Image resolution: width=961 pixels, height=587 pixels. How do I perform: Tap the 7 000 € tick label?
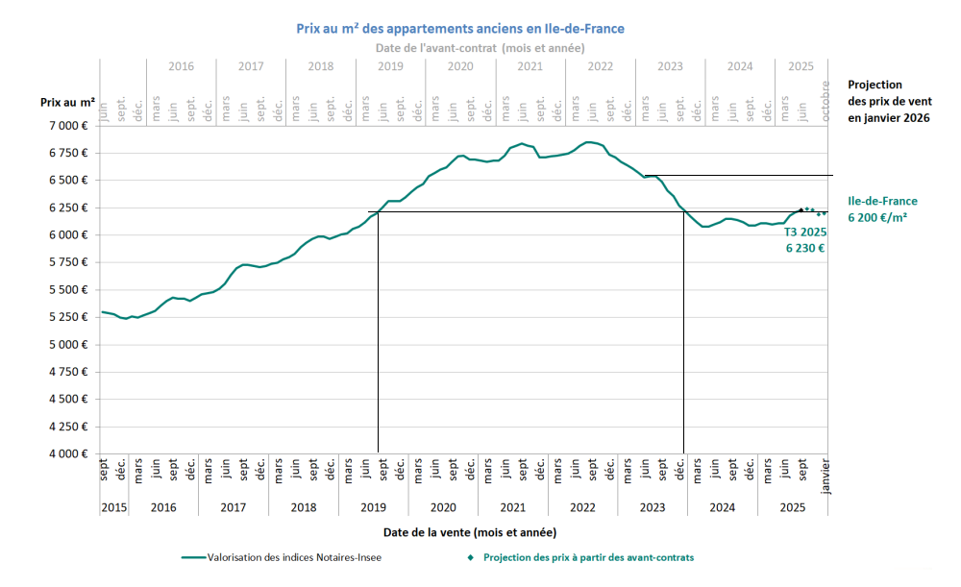tap(68, 126)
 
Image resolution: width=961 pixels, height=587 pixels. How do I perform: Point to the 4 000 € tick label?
tap(68, 454)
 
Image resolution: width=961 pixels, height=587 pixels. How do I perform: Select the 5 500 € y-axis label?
tap(68, 290)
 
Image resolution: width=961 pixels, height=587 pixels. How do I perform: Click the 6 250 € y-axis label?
tap(68, 208)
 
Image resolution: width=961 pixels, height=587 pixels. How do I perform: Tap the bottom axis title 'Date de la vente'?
tap(469, 531)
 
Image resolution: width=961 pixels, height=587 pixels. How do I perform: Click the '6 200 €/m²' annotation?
tap(878, 217)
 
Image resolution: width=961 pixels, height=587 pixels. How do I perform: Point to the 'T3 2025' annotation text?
tap(805, 232)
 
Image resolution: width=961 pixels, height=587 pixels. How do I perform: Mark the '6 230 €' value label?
tap(806, 247)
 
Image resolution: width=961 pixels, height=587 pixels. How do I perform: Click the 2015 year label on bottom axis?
tap(113, 507)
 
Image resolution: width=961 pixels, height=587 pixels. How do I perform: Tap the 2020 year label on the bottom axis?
tap(443, 507)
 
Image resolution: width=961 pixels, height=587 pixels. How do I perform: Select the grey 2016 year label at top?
tap(181, 67)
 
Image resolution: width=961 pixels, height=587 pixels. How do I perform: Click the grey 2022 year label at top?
tap(600, 67)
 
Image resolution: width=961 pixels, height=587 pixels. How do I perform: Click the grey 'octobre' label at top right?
tap(825, 101)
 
